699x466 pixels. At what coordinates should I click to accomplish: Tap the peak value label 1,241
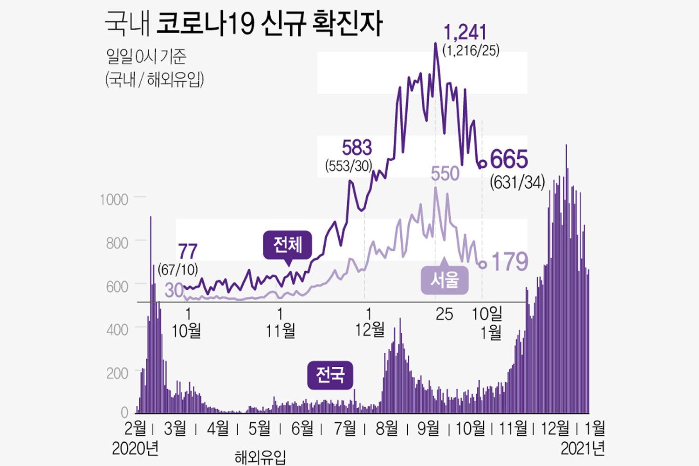coord(465,33)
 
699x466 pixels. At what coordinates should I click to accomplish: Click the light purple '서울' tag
coord(445,280)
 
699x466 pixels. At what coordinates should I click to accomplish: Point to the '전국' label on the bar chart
coord(330,375)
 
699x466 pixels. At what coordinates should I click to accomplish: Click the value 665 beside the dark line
coord(509,159)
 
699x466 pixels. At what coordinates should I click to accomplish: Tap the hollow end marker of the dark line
coord(483,164)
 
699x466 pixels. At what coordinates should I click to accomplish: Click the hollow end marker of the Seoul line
coord(483,264)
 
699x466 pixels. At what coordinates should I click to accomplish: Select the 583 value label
coord(357,148)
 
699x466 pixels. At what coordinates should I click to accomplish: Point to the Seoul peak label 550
coord(445,174)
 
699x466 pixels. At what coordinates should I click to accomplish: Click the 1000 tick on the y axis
coord(114,199)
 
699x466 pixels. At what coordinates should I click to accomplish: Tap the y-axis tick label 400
coord(117,330)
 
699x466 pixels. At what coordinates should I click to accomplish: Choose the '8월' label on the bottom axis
coord(387,428)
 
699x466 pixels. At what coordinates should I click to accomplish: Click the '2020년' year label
coord(136,448)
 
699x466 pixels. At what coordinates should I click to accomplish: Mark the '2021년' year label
coord(582,448)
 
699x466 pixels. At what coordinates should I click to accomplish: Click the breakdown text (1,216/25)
coord(471,51)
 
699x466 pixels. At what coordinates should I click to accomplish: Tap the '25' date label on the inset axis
coord(444,314)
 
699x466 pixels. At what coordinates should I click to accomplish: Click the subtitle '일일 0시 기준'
coord(146,57)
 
